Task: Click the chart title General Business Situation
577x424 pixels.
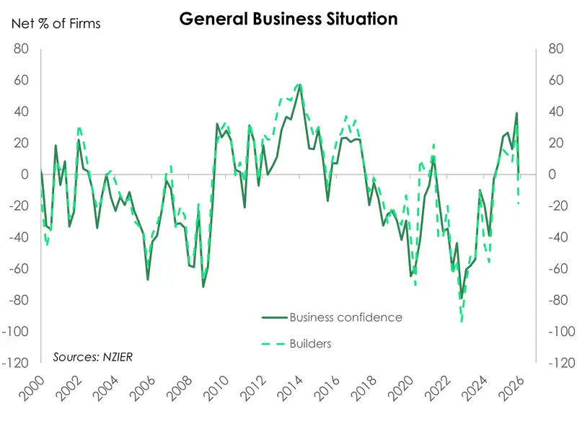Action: pos(288,19)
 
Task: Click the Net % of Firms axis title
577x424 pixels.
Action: pos(56,24)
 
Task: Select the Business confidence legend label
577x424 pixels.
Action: pos(345,317)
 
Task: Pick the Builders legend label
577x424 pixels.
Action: pos(310,344)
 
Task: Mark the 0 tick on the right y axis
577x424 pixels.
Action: pos(552,175)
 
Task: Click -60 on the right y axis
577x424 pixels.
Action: pos(558,268)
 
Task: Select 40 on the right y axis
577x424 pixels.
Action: pos(555,112)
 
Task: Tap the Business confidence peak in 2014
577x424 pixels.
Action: pos(299,85)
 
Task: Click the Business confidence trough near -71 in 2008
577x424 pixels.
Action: pos(203,286)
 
